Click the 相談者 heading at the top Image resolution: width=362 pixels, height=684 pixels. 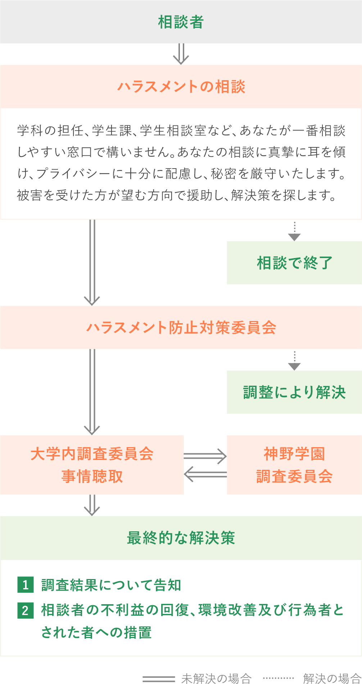point(181,22)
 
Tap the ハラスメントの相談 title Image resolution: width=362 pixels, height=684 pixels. point(181,87)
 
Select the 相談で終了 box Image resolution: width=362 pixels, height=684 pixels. point(294,263)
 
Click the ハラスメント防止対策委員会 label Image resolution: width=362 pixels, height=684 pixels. point(181,327)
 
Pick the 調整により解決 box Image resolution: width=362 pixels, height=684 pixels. point(294,392)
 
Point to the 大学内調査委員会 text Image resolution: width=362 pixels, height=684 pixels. point(92,454)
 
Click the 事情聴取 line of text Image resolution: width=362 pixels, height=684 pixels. point(92,476)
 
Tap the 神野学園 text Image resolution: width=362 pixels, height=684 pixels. point(294,454)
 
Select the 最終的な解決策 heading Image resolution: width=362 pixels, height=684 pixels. point(181,538)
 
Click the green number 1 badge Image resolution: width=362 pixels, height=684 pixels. point(26,585)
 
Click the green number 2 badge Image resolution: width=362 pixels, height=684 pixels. point(26,610)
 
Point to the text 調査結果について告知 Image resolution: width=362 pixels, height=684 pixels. point(111,585)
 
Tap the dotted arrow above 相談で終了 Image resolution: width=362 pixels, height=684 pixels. point(294,231)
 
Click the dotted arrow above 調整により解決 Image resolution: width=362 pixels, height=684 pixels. point(294,361)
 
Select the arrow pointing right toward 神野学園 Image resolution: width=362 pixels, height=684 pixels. point(205,456)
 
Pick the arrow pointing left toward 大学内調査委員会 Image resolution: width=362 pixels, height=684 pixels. point(205,474)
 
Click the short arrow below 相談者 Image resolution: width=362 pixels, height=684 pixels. point(181,54)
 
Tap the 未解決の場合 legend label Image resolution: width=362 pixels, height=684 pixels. point(216,678)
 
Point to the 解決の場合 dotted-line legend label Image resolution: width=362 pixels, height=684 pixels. point(331,678)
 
